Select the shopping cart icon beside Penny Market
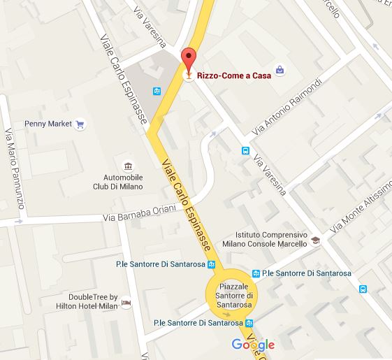click(x=80, y=125)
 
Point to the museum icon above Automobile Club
click(x=129, y=166)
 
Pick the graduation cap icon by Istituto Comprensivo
click(x=316, y=240)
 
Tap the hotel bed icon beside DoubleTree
click(x=126, y=302)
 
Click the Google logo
click(x=253, y=344)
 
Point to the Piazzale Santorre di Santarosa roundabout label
click(x=233, y=293)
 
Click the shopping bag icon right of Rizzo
click(x=280, y=70)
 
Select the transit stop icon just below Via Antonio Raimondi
click(x=245, y=150)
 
